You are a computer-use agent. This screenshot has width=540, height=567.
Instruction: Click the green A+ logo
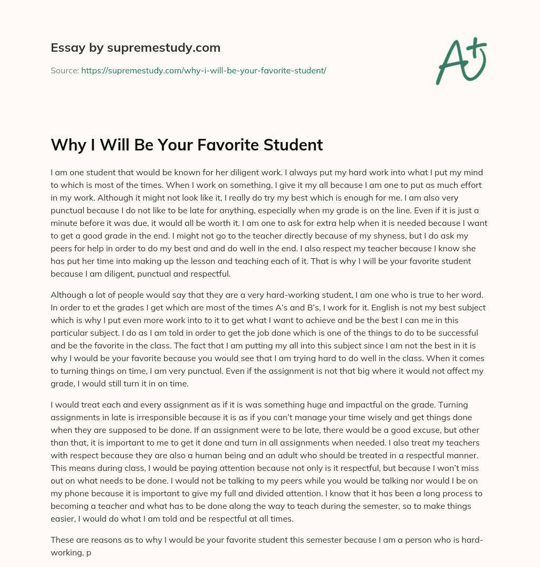pos(460,61)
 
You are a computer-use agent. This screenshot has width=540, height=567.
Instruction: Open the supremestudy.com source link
pos(204,70)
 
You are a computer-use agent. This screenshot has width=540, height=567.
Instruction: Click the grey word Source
pos(64,70)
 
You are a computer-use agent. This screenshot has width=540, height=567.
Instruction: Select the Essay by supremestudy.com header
pos(136,48)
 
